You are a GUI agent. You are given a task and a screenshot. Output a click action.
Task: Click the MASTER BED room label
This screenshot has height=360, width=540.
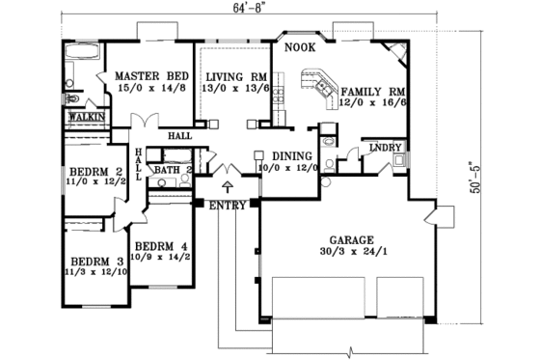click(x=151, y=75)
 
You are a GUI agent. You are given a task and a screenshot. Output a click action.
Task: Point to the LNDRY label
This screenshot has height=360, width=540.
click(x=385, y=148)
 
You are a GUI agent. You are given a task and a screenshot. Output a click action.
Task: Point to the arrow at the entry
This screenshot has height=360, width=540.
click(x=228, y=186)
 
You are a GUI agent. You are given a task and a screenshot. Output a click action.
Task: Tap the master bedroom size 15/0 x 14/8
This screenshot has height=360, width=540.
click(x=151, y=87)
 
